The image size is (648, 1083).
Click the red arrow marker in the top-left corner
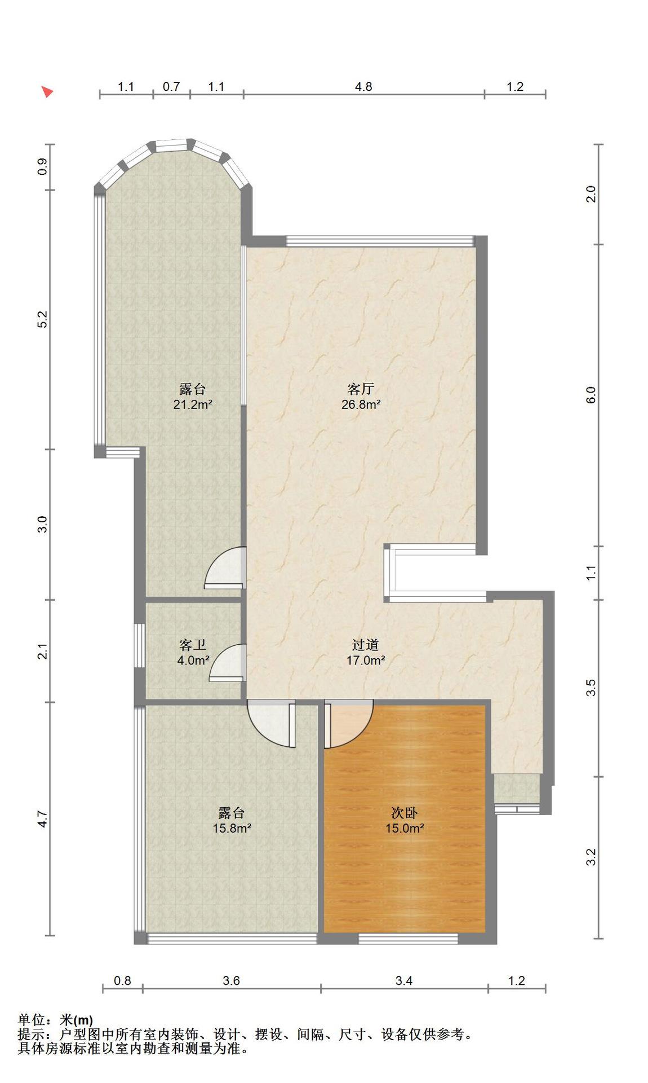[x=48, y=91]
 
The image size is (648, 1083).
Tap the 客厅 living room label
[x=361, y=389]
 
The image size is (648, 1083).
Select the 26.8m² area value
[x=361, y=404]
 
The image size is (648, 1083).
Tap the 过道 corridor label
[x=365, y=645]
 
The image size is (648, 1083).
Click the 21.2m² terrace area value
[x=193, y=404]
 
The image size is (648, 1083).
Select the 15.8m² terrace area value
[x=232, y=829]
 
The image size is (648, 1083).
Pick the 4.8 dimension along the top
[x=363, y=86]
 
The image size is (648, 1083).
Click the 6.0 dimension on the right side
[x=591, y=395]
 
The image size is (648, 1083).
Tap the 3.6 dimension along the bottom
[x=231, y=981]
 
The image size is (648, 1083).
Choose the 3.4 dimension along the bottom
[x=404, y=981]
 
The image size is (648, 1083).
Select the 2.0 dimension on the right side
[x=591, y=194]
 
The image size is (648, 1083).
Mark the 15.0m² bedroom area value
[x=405, y=829]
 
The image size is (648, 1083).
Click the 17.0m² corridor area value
[x=365, y=660]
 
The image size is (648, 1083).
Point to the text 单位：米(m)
[x=55, y=1020]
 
